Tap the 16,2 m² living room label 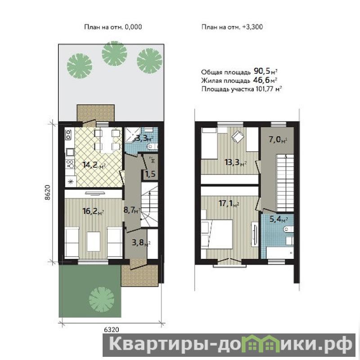[94, 211]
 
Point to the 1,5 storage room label [150, 174]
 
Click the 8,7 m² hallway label [132, 210]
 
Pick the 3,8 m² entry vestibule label [141, 243]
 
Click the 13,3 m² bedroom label [236, 162]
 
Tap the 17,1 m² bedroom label [229, 203]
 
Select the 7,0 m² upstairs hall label [278, 139]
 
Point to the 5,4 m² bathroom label [279, 219]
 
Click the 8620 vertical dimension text [47, 193]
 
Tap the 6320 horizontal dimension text [112, 330]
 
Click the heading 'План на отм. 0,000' [113, 27]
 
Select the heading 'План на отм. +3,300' [232, 27]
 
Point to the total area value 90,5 [261, 72]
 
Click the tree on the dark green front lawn [102, 299]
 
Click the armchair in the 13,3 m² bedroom [238, 136]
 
